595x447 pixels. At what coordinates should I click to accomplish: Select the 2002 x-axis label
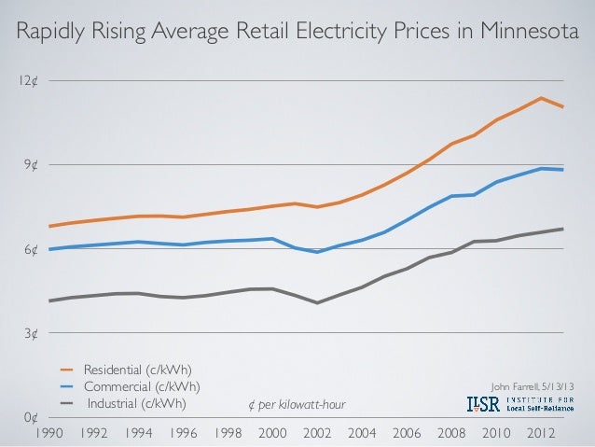tap(317, 433)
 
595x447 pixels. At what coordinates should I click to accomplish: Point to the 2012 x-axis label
tap(540, 433)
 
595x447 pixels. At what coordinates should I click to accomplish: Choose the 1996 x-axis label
tap(183, 433)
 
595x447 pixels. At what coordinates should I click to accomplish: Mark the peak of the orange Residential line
tap(540, 98)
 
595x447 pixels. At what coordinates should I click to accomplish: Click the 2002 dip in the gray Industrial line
tap(317, 302)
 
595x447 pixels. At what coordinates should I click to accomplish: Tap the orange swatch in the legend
tap(69, 370)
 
